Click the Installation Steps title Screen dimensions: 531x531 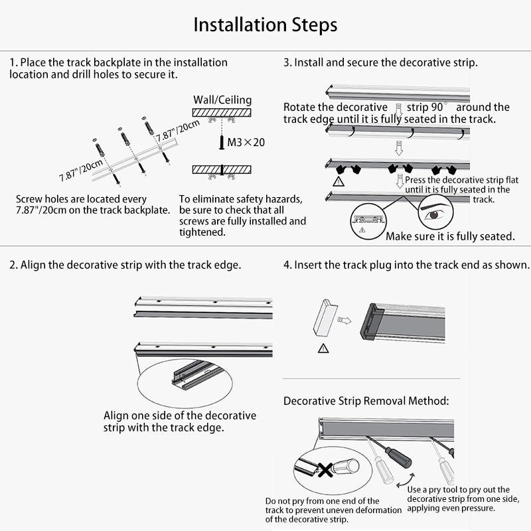tap(265, 25)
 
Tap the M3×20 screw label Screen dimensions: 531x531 tap(246, 142)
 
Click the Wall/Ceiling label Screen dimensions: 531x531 tap(222, 100)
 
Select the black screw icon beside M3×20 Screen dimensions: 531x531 tap(222, 142)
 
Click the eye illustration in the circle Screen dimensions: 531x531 tap(435, 213)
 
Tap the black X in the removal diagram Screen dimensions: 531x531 tap(325, 470)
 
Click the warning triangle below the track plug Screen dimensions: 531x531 tap(323, 348)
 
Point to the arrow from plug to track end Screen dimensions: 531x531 tap(344, 321)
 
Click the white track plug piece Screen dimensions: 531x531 tap(325, 317)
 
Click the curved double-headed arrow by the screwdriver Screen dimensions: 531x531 tap(406, 481)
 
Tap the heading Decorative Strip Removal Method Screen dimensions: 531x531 tap(366, 401)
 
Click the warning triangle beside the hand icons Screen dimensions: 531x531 tap(339, 182)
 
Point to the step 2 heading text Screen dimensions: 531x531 tap(125, 265)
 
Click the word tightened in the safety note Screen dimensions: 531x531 tap(202, 232)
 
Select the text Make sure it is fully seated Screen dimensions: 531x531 tap(450, 236)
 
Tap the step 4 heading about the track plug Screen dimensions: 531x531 tap(406, 265)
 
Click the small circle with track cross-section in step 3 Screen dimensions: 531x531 tap(368, 222)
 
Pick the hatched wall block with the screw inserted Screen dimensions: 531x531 tap(222, 170)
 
